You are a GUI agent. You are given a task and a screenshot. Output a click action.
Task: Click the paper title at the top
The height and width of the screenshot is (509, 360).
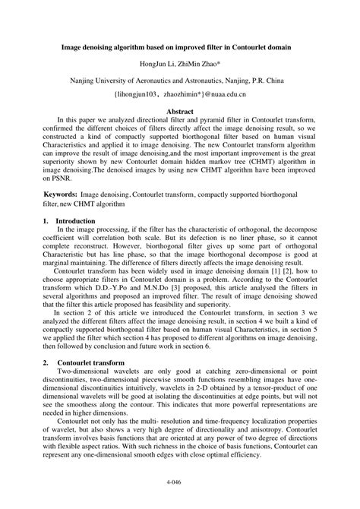click(x=180, y=46)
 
